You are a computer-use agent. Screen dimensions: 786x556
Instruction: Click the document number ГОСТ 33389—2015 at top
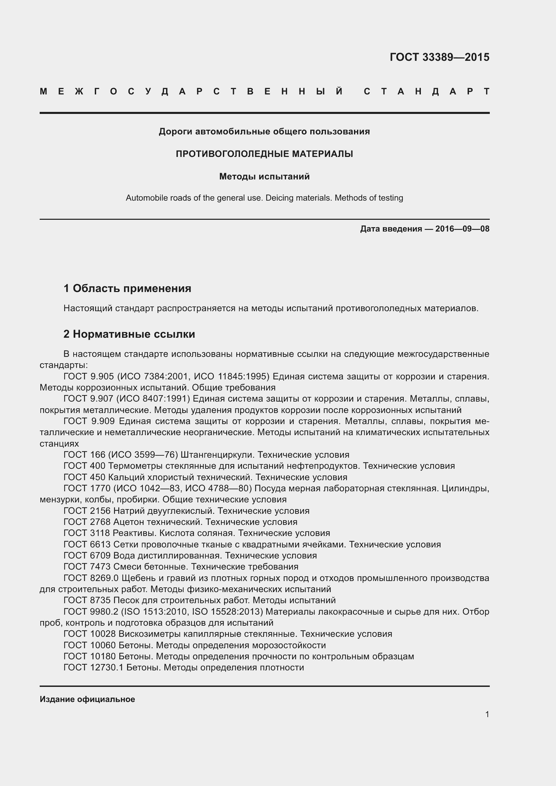(x=439, y=57)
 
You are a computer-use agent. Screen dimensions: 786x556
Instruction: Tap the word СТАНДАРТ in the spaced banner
(x=426, y=92)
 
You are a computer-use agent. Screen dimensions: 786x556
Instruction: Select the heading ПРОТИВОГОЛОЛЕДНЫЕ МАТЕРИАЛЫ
(x=264, y=154)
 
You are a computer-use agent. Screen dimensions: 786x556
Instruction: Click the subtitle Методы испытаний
(x=264, y=177)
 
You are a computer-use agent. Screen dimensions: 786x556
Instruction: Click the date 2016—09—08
(x=462, y=229)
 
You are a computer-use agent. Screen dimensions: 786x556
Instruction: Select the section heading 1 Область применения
(x=127, y=289)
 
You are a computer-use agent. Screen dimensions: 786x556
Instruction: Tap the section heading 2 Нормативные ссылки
(x=129, y=334)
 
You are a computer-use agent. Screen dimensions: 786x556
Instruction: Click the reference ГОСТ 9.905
(x=89, y=377)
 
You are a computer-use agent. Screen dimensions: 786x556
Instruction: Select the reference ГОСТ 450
(x=85, y=477)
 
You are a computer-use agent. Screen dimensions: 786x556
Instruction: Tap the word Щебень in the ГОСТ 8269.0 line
(x=138, y=578)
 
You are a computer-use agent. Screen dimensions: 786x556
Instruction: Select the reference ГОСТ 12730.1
(x=93, y=668)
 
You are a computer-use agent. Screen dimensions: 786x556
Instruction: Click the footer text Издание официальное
(x=87, y=699)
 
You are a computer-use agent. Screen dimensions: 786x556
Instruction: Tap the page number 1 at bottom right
(x=487, y=714)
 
